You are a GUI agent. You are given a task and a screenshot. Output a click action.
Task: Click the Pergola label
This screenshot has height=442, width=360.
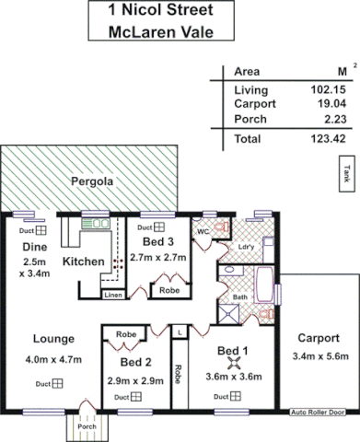(93, 182)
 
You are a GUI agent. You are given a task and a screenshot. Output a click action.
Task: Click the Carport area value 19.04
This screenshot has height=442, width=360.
(329, 104)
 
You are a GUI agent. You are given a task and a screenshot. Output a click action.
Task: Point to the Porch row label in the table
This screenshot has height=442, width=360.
(250, 118)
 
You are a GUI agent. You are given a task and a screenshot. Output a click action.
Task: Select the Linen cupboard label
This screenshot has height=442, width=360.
(113, 295)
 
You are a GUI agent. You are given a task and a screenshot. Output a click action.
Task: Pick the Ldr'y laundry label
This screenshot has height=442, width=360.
(245, 247)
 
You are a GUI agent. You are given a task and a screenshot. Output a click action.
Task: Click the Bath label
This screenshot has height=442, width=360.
(238, 297)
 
